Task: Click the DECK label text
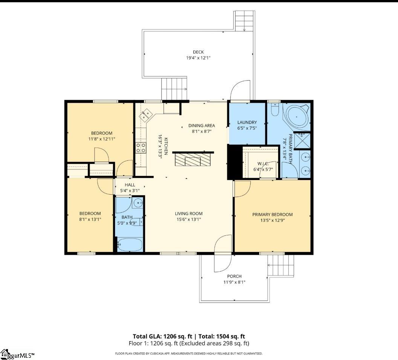pos(198,52)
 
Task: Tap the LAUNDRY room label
pos(247,122)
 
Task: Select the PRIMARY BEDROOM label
pos(272,215)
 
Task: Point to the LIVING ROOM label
pos(188,214)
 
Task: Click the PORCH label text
pos(234,276)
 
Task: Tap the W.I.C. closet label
pos(263,164)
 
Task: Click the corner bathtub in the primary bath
pos(297,116)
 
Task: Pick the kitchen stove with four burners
pos(141,148)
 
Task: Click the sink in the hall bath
pos(138,203)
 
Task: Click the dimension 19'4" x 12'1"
pos(198,58)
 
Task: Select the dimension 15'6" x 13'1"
pos(188,220)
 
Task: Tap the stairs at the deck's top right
pos(244,21)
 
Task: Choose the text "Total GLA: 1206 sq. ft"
pos(162,336)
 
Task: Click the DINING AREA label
pos(202,125)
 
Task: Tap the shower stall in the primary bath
pos(302,141)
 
